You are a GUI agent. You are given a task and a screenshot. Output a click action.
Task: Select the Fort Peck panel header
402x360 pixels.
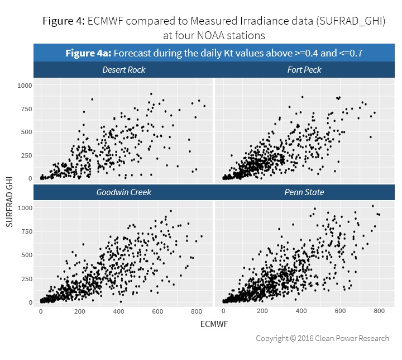(304, 70)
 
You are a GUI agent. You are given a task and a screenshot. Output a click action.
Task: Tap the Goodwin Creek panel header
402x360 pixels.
(123, 192)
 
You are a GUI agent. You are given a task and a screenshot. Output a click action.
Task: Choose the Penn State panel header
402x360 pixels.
(305, 192)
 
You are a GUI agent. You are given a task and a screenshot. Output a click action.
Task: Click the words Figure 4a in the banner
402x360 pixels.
(87, 54)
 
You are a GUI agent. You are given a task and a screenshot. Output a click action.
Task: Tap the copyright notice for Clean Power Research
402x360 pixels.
(322, 338)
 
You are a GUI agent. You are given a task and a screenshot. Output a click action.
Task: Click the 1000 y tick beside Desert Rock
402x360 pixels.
(25, 86)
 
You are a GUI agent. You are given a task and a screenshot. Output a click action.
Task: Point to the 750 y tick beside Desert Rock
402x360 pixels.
(26, 109)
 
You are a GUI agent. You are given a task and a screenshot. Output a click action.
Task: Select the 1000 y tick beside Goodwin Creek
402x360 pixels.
(25, 208)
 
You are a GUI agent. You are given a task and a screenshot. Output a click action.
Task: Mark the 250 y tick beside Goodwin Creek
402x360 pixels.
(26, 278)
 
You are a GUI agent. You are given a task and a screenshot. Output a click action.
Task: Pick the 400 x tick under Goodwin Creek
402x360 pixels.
(118, 311)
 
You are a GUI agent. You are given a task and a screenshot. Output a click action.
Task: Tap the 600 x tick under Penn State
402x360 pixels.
(340, 311)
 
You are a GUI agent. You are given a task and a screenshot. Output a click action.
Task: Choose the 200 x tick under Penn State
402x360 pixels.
(262, 311)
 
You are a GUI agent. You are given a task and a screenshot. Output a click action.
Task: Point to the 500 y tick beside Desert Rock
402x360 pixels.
(26, 132)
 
